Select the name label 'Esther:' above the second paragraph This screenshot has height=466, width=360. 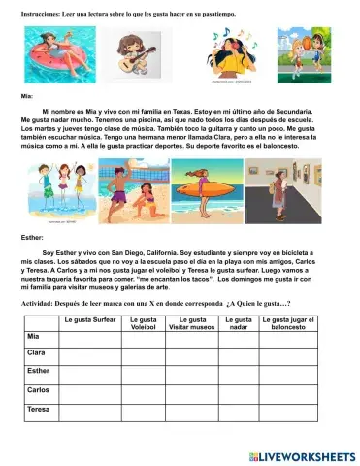coord(32,236)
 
